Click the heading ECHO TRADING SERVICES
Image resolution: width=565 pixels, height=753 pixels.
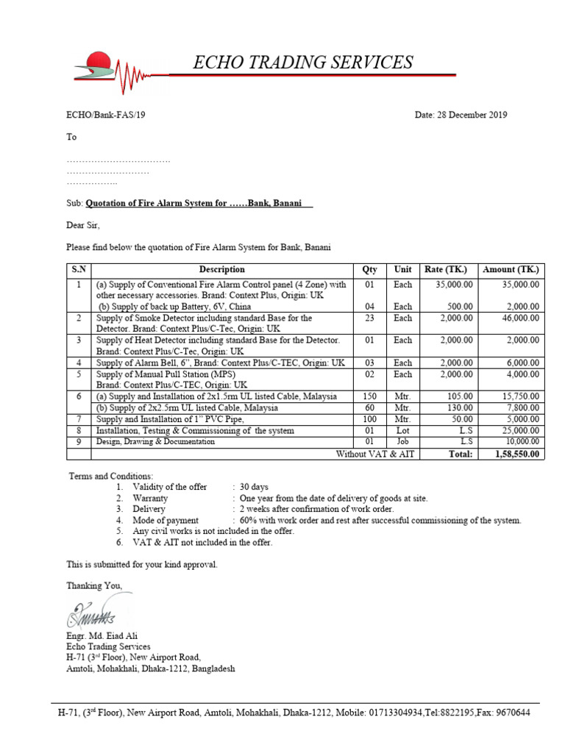point(302,63)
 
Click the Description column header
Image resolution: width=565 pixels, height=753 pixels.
point(221,270)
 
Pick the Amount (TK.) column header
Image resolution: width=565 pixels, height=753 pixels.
point(511,270)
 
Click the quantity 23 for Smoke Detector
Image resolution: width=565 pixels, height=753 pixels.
point(369,318)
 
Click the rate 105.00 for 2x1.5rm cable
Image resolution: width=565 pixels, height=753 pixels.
point(460,396)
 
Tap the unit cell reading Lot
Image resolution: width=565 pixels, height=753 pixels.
point(402,431)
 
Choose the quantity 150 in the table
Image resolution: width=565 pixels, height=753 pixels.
point(369,396)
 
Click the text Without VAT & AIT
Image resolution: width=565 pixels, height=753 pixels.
point(375,454)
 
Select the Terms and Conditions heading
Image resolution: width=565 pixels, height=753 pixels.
point(110,477)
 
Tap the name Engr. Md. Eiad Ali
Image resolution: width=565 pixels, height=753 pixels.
point(102,636)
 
